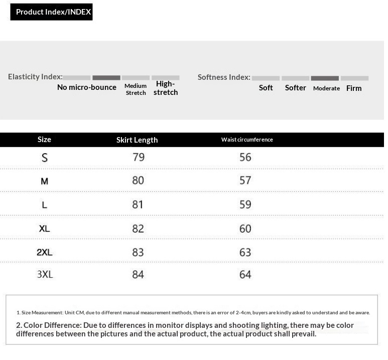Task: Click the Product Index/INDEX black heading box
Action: tap(52, 12)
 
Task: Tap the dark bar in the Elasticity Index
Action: tap(106, 78)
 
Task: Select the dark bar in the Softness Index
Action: tap(325, 78)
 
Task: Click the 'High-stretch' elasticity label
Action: tap(166, 88)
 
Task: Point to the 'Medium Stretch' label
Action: tap(136, 89)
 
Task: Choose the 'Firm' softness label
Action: tap(354, 88)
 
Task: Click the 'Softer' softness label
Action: tap(295, 88)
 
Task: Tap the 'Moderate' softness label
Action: tap(326, 88)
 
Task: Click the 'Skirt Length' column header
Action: tap(137, 140)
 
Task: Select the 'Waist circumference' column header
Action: tap(247, 140)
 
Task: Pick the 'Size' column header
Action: tap(44, 140)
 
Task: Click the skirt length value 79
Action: tap(139, 157)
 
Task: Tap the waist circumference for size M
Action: tap(245, 180)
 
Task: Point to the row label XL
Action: tap(45, 228)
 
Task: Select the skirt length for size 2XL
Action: tap(138, 252)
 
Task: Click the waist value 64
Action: tap(245, 275)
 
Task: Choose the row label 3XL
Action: tap(45, 274)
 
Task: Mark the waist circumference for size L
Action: tap(245, 204)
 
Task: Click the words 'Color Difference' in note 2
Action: tap(52, 325)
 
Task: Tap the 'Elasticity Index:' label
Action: tap(35, 77)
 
